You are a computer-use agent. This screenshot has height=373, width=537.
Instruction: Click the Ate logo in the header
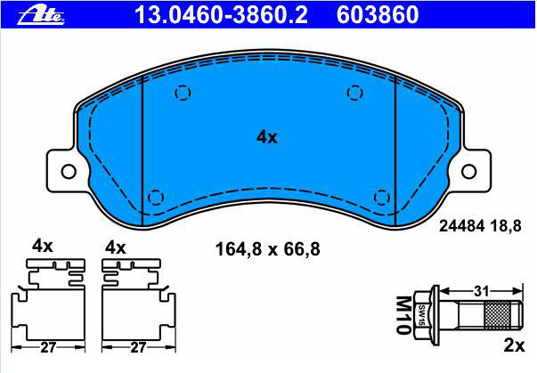[41, 15]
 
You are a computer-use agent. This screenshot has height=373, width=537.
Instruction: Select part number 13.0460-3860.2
[221, 15]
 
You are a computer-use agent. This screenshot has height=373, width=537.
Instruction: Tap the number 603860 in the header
[378, 15]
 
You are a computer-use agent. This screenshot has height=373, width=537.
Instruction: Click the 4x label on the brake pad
[267, 137]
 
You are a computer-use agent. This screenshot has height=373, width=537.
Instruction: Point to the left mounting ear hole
[69, 172]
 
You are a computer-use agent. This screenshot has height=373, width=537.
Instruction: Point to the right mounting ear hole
[468, 172]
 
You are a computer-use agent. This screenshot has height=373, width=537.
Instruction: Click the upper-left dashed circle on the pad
[183, 93]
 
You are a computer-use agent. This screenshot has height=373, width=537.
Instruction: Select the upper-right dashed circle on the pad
[354, 93]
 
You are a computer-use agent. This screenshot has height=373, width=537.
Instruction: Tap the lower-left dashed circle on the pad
[156, 198]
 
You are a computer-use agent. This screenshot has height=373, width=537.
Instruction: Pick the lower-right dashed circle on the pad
[382, 198]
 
